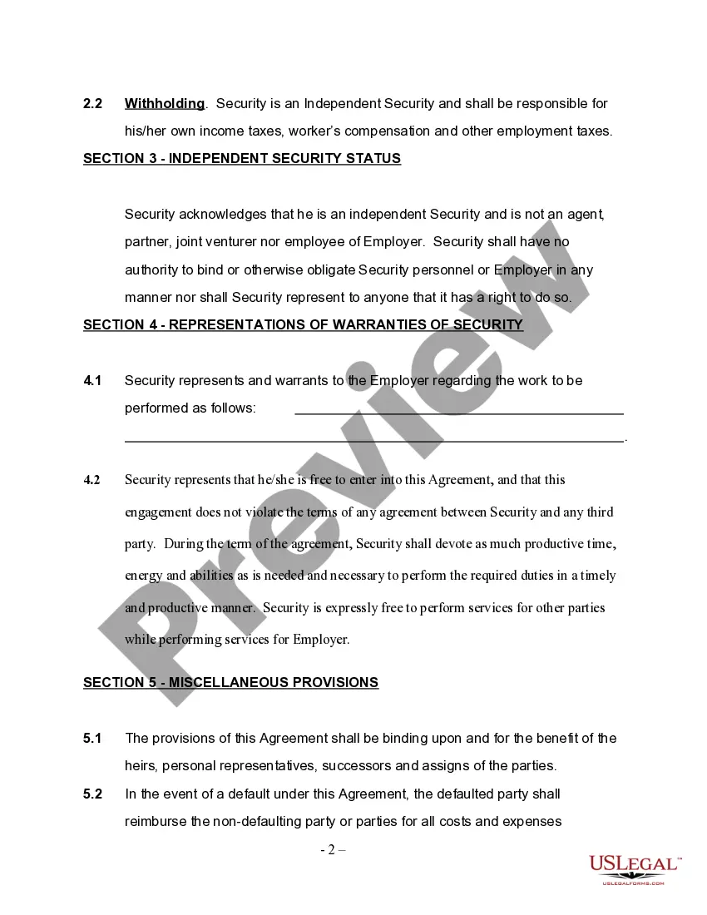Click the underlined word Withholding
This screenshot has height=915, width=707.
coord(165,104)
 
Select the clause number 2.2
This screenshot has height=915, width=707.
coord(92,104)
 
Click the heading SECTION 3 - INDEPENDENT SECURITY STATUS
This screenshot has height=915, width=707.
coord(242,159)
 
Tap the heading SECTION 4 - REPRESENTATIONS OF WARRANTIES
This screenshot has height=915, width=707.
coord(303,325)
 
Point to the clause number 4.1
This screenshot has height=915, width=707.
coord(92,381)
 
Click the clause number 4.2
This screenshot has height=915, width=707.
coord(91,480)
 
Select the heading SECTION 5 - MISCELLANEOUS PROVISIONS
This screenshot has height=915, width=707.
coord(230,683)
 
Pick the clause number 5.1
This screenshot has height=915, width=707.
coord(92,739)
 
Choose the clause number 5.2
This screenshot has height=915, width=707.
coord(92,794)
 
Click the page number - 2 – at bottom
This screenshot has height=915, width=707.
coord(333,850)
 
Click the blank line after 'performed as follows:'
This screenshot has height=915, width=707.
coord(459,412)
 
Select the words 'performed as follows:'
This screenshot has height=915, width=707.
coord(190,408)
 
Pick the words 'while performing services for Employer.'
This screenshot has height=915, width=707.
coord(237,640)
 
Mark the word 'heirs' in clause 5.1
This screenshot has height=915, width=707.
coord(141,766)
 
